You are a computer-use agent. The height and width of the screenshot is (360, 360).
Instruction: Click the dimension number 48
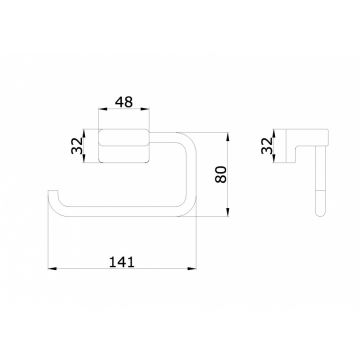(x=124, y=102)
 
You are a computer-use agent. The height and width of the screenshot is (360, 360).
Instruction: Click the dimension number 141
(x=122, y=262)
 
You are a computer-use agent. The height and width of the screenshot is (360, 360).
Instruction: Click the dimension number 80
(x=221, y=174)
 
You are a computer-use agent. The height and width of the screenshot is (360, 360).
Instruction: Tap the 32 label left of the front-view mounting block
(x=77, y=146)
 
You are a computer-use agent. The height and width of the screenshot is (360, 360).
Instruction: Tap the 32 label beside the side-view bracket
(x=267, y=146)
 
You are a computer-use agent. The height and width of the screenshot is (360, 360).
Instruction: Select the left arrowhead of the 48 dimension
(x=103, y=109)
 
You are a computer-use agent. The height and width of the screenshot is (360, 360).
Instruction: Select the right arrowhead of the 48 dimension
(x=145, y=109)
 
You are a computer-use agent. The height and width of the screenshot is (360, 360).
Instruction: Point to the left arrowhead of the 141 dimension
(x=53, y=268)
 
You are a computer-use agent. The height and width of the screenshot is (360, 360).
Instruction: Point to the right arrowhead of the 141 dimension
(x=192, y=268)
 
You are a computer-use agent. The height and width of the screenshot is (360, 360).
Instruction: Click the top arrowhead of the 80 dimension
(x=228, y=137)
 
